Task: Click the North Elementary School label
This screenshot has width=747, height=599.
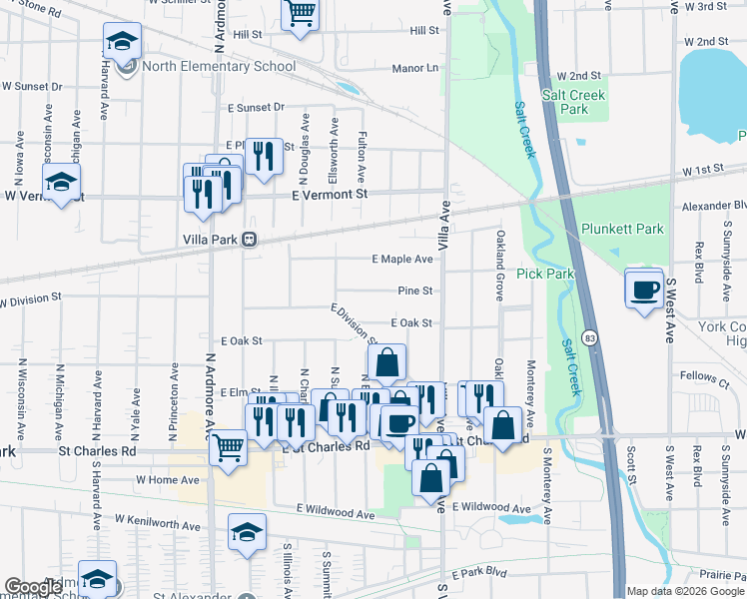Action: [x=219, y=67]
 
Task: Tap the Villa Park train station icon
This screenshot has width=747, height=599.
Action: [x=248, y=240]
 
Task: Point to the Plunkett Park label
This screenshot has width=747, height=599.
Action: [x=622, y=229]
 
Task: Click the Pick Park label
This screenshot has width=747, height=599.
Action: [x=545, y=273]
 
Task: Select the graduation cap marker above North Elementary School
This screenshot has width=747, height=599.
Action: [x=122, y=42]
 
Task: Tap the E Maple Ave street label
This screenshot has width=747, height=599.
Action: [x=402, y=259]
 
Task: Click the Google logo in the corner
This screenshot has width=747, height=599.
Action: [x=33, y=587]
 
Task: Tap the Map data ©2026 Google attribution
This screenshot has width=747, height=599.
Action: [x=686, y=591]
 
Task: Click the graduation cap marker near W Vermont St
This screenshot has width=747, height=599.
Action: [x=61, y=183]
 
